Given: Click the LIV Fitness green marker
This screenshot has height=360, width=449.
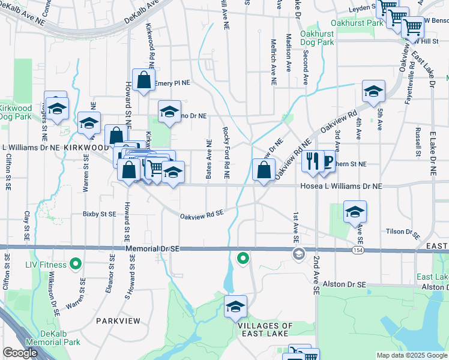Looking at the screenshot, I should [x=76, y=263].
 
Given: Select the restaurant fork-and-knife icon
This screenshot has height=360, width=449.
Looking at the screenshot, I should [x=312, y=161].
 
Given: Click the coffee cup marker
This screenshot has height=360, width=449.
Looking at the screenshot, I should [x=327, y=161].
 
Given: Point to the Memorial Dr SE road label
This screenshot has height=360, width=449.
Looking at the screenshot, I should [x=153, y=248].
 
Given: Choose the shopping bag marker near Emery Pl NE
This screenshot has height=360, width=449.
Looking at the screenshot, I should [x=144, y=80].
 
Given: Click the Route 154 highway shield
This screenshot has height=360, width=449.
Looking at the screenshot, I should [x=358, y=249].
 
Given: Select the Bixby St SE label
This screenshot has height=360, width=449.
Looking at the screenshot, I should [x=99, y=214].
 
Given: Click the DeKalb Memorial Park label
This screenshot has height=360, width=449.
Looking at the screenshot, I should [x=61, y=338].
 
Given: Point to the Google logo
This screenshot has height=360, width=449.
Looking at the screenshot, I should [x=20, y=353].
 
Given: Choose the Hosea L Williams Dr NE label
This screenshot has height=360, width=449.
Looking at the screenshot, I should [x=341, y=187].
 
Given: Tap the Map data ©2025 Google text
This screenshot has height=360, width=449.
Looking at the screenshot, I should [x=411, y=355].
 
